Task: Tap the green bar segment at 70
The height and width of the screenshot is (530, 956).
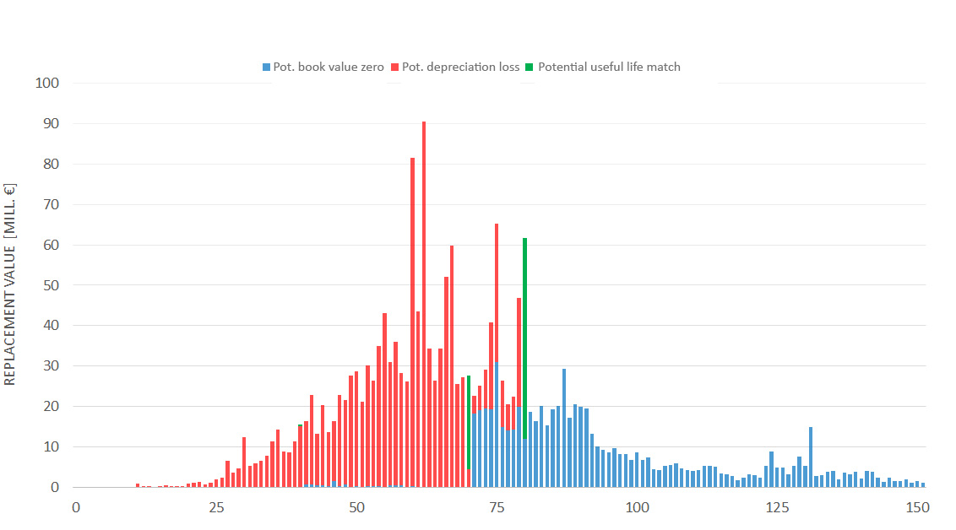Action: click(469, 422)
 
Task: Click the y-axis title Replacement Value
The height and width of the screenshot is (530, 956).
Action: click(11, 284)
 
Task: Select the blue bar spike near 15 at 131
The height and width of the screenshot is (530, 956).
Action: click(811, 457)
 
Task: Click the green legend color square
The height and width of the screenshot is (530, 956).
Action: click(530, 67)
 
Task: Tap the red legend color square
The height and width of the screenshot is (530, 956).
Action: click(394, 67)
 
